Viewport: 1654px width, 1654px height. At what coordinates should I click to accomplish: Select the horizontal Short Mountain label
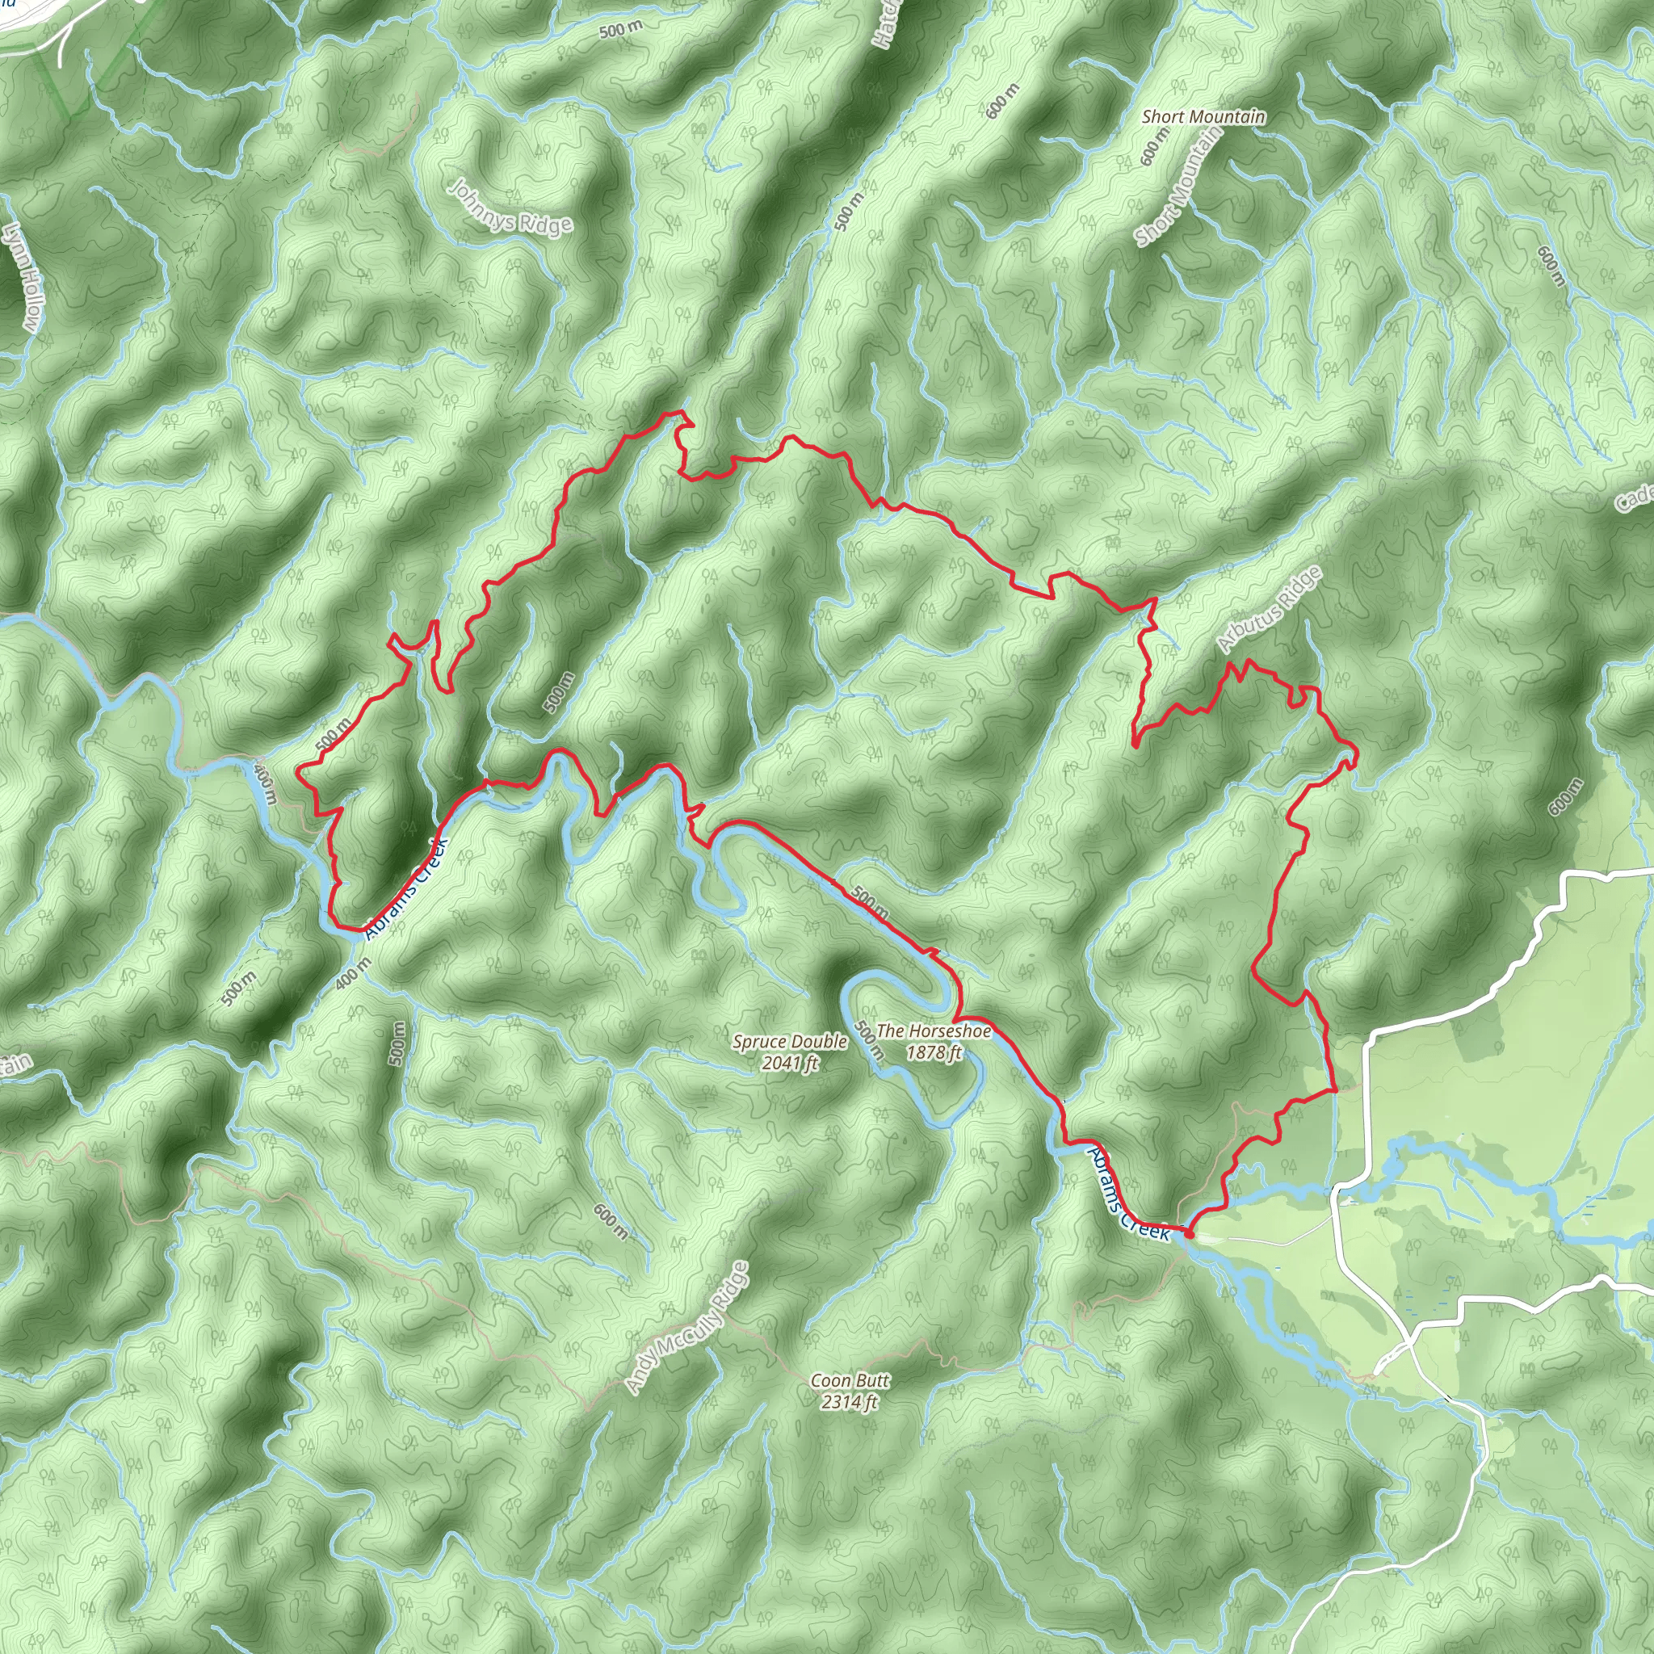click(1203, 116)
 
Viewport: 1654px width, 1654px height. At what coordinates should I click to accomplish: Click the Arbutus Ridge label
click(1269, 609)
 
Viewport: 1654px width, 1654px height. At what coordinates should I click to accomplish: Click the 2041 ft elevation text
click(789, 1064)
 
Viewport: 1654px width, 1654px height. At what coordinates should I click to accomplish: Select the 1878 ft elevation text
click(933, 1052)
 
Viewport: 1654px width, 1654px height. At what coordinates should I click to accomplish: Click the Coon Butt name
click(850, 1380)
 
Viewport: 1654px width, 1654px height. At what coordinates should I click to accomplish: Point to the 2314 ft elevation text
click(850, 1401)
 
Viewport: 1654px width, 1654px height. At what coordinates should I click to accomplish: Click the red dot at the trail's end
click(1188, 1234)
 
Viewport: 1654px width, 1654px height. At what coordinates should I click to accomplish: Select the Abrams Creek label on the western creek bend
click(407, 889)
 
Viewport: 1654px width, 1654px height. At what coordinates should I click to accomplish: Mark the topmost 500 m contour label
click(621, 31)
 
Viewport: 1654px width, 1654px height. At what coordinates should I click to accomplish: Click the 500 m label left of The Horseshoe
click(868, 1042)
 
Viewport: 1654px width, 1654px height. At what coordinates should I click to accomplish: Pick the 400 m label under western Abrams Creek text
click(353, 973)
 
